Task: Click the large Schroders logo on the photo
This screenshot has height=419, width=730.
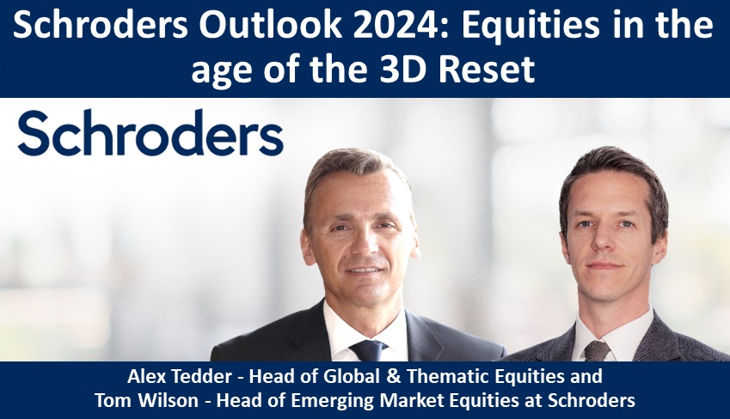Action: [x=150, y=133]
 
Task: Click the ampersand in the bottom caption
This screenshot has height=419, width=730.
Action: [x=394, y=376]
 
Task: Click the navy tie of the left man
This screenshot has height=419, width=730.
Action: [x=368, y=350]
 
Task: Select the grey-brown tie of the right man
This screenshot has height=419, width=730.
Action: [x=597, y=350]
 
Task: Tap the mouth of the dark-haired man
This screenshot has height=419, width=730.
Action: [x=604, y=266]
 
